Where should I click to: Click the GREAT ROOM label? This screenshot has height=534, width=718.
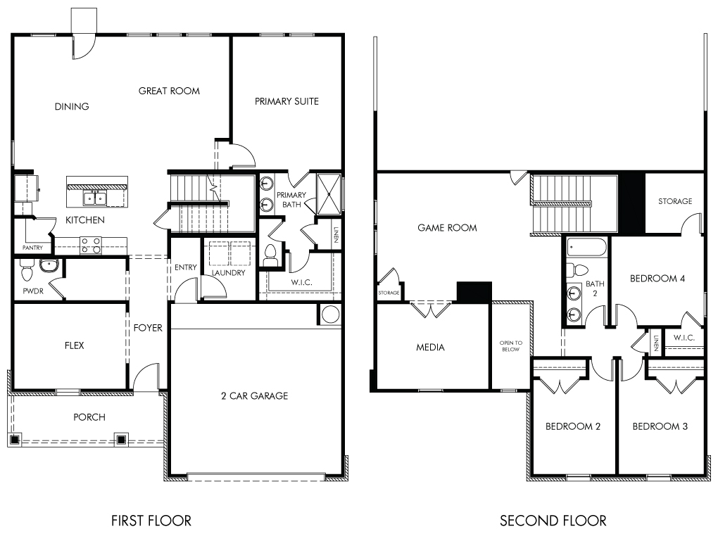point(169,91)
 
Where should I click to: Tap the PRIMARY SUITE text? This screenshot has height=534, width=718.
point(286,101)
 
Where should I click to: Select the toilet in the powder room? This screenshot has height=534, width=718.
point(27,270)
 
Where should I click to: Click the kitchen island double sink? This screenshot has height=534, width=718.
point(95,198)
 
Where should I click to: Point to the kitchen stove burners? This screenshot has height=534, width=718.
point(91,246)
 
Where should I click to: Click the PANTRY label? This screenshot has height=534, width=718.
point(32,248)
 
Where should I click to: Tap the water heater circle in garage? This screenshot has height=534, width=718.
point(330,314)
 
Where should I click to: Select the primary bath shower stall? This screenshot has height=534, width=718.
point(329,194)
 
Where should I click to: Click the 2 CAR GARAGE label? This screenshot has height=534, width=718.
point(255,396)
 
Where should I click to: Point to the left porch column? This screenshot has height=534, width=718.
point(15,439)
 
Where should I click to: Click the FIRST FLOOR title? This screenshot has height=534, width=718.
point(151,520)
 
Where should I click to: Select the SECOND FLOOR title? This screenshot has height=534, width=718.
point(553,520)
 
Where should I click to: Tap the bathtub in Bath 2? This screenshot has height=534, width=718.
point(586,247)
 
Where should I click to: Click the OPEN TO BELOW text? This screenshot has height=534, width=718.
point(510,346)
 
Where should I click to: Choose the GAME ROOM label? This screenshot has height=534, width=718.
point(448,228)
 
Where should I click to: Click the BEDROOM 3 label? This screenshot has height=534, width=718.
point(660,426)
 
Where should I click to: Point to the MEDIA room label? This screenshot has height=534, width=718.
point(430,348)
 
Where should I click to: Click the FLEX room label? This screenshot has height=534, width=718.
point(74,345)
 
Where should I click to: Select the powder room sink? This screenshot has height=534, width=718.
point(48,265)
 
